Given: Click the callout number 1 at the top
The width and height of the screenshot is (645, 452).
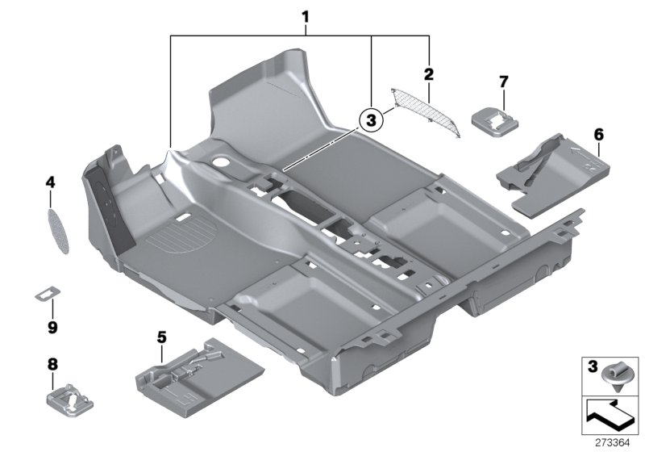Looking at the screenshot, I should pos(306,15).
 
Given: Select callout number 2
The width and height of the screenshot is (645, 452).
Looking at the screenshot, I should pos(429,74).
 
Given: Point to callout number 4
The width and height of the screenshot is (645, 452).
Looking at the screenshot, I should pos(50,183).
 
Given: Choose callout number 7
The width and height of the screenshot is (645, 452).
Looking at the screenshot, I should pos(503,82).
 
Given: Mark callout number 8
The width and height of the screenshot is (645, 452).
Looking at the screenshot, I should pos(52,365).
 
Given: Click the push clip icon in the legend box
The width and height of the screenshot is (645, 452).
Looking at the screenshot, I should pos(615,376).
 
